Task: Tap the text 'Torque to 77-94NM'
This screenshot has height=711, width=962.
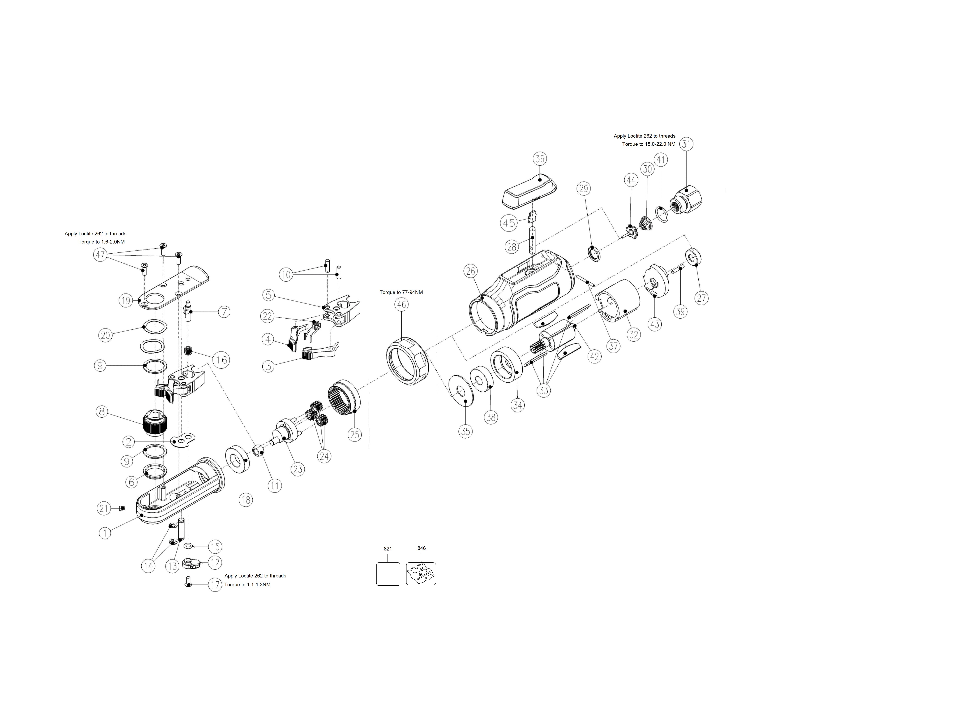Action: [401, 292]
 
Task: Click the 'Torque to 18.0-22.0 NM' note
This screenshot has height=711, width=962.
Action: [649, 144]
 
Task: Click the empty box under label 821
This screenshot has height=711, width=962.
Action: [388, 574]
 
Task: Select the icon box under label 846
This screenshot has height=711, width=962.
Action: [421, 574]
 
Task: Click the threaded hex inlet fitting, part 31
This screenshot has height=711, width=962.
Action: [686, 200]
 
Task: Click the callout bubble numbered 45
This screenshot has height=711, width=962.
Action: [509, 223]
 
